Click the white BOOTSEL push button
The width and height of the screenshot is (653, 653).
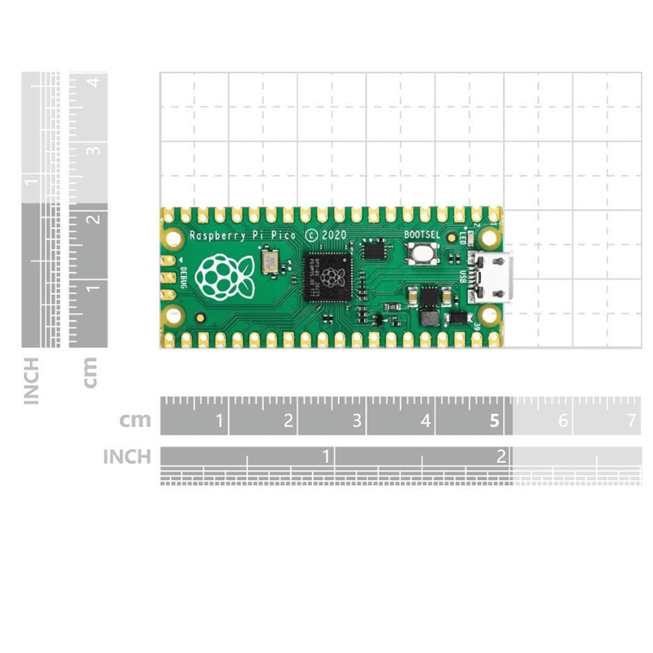(x=422, y=255)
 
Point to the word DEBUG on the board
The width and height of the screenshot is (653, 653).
(x=183, y=278)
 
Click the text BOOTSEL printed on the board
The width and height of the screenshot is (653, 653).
(x=422, y=235)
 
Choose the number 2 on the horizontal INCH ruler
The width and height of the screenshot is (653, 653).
(x=502, y=456)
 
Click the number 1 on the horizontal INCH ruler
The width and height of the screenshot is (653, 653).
(x=326, y=456)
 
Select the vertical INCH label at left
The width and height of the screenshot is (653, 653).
(x=33, y=380)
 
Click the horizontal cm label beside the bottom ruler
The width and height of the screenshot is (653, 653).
(x=135, y=421)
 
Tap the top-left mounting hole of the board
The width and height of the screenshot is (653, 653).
(x=174, y=239)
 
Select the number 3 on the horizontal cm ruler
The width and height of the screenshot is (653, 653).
(x=357, y=421)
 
